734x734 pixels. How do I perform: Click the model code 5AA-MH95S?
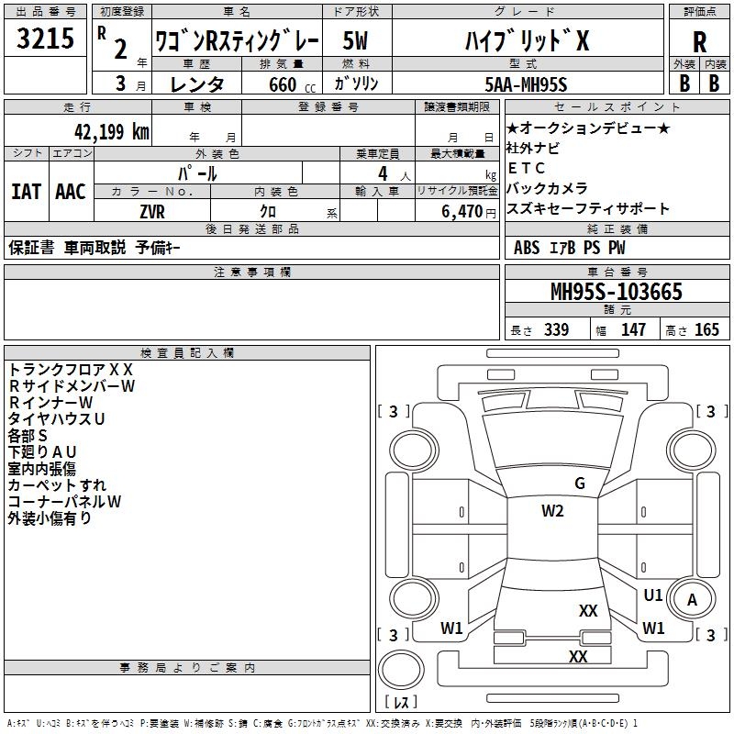coord(527,84)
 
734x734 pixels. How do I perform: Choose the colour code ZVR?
coord(152,210)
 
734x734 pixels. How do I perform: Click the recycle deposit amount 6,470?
coord(462,211)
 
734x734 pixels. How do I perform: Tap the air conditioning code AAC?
coord(71,192)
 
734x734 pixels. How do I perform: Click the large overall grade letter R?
coord(699,42)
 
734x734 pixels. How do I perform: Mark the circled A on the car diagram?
coord(693,600)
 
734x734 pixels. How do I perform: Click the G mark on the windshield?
coord(579,484)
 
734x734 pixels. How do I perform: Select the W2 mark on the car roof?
coord(552,511)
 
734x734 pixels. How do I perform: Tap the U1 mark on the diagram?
coord(652,595)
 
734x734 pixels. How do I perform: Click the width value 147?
coord(633,329)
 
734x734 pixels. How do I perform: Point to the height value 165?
coord(706,329)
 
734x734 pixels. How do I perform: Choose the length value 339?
coord(556,329)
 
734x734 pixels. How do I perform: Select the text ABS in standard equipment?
coord(527,247)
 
